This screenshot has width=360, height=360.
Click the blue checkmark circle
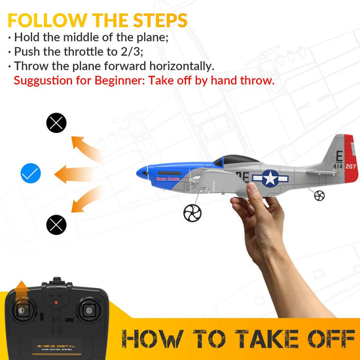click(31, 173)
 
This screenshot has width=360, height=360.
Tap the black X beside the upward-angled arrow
click(57, 122)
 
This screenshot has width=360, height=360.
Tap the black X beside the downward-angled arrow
click(57, 225)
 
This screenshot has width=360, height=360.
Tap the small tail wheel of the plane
click(319, 195)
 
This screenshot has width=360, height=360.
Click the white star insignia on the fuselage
click(270, 178)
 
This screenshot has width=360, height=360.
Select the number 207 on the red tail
click(351, 167)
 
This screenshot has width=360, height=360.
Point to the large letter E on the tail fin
click(338, 155)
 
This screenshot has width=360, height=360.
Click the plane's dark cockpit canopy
click(236, 160)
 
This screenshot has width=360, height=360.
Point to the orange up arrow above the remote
click(22, 289)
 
